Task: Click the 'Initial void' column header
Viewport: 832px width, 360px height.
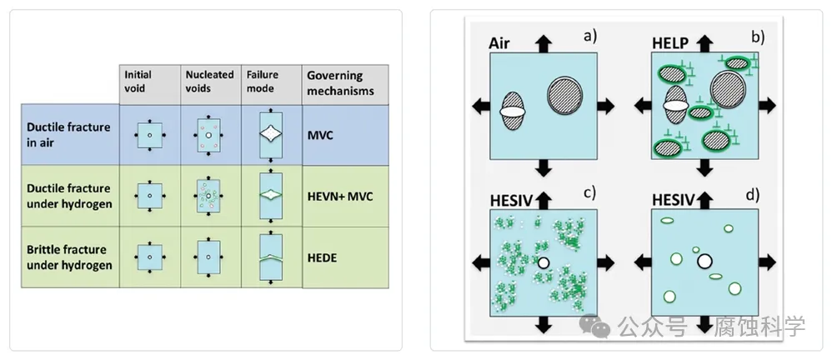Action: [x=138, y=81]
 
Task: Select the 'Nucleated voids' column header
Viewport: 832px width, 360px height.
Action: [x=209, y=81]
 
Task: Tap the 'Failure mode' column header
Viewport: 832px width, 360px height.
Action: [x=262, y=81]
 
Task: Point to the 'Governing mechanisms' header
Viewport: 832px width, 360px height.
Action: [x=340, y=83]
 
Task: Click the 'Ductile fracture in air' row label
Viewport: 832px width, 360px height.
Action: [x=68, y=135]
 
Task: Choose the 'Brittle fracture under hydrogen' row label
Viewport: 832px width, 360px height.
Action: [x=69, y=257]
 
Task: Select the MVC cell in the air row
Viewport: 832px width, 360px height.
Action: [x=320, y=135]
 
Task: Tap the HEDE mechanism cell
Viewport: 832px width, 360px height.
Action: [x=322, y=258]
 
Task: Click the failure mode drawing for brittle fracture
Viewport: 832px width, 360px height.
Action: [x=271, y=257]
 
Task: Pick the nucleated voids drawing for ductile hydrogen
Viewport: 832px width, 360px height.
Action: [x=208, y=196]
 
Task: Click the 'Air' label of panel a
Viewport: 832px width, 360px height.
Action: [x=499, y=42]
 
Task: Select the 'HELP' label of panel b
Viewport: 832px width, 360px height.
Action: [x=669, y=43]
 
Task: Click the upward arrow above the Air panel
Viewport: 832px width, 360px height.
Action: [x=544, y=43]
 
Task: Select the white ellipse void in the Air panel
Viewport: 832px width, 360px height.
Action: [x=513, y=112]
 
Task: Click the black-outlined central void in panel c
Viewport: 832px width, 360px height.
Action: [x=543, y=262]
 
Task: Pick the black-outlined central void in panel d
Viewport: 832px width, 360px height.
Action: [x=704, y=262]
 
